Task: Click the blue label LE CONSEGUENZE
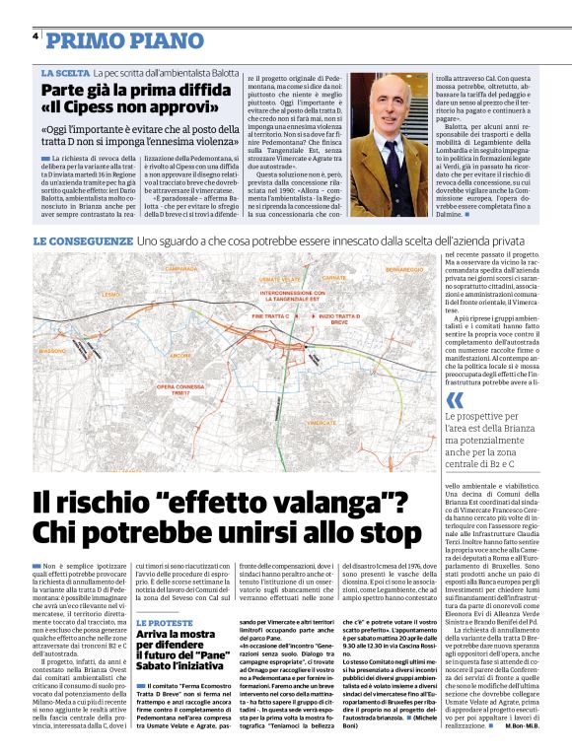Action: point(84,241)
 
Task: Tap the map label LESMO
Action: point(55,294)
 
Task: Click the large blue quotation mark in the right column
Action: point(425,400)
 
